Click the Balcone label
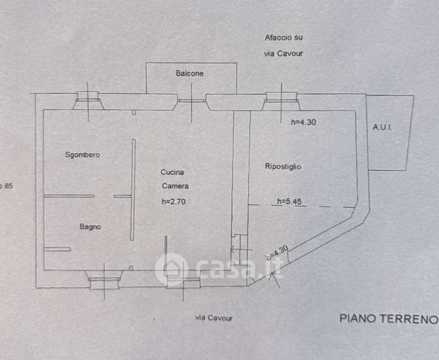(190, 74)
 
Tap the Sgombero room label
(82, 155)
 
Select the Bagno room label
(91, 227)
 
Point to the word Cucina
(172, 173)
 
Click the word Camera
(174, 187)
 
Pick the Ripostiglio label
(282, 167)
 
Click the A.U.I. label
(382, 127)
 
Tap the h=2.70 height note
(174, 202)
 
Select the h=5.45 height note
(289, 202)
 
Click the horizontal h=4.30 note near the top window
(303, 122)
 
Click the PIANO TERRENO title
(388, 318)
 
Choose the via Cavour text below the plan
(214, 318)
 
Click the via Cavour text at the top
(284, 53)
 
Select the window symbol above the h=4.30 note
(281, 101)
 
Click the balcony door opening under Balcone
(191, 100)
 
